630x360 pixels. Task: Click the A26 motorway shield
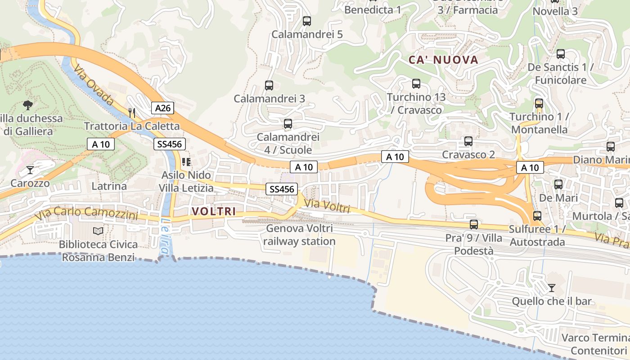[x=162, y=108]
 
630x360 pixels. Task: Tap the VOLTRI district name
[x=214, y=211]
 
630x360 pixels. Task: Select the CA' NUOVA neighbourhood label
[x=443, y=60]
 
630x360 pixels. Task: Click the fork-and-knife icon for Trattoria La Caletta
[x=132, y=112]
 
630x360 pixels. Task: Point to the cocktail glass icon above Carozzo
[x=30, y=170]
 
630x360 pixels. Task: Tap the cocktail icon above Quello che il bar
[x=552, y=288]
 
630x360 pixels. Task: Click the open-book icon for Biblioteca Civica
[x=98, y=231]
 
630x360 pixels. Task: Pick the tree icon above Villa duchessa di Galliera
[x=28, y=105]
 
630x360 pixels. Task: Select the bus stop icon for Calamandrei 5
[x=307, y=21]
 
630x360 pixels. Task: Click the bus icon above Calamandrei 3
[x=269, y=85]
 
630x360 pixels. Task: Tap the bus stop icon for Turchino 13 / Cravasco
[x=416, y=84]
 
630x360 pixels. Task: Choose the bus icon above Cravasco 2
[x=468, y=141]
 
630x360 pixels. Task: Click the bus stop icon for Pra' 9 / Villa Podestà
[x=474, y=224]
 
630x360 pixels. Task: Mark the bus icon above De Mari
[x=558, y=184]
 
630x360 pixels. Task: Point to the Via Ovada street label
[x=93, y=85]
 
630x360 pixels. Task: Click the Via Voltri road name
[x=327, y=206]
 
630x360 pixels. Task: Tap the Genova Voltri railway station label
[x=299, y=235]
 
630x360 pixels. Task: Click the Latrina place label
[x=109, y=186]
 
